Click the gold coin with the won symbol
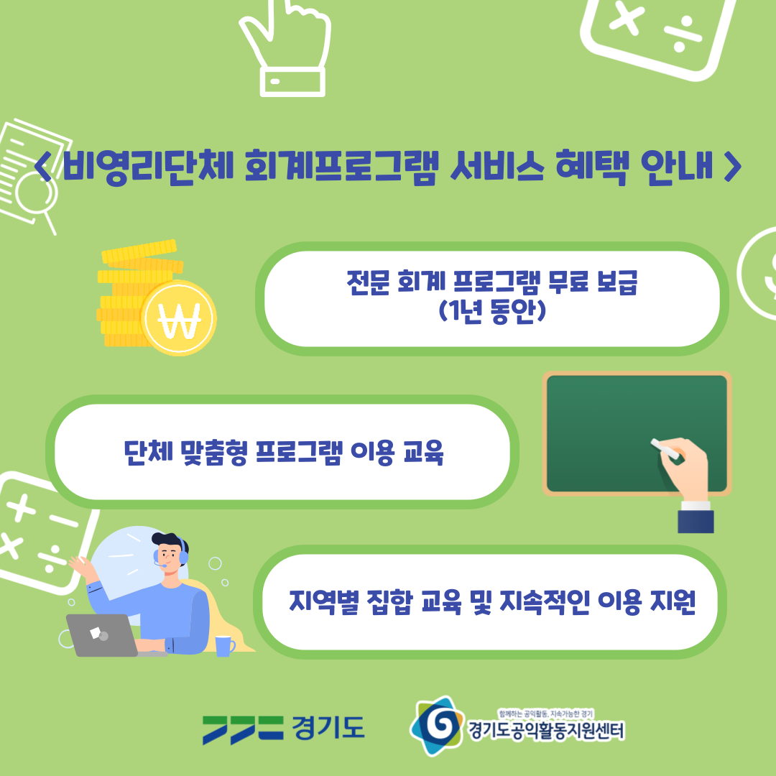click(179, 318)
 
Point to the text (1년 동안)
click(492, 312)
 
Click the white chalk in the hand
click(665, 448)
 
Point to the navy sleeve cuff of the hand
click(696, 521)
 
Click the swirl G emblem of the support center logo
click(436, 726)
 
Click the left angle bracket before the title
click(44, 167)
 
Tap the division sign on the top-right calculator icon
click(683, 34)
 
